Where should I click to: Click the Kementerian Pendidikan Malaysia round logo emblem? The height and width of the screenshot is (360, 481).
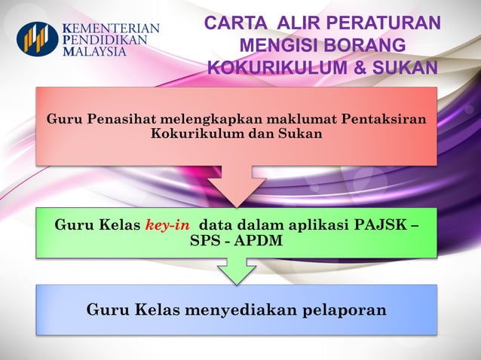37,38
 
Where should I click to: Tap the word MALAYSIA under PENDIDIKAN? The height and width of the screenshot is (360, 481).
95,52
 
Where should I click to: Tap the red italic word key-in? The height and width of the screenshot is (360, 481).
167,225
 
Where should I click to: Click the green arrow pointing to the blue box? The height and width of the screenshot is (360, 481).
237,271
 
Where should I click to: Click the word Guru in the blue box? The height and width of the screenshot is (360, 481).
106,309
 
